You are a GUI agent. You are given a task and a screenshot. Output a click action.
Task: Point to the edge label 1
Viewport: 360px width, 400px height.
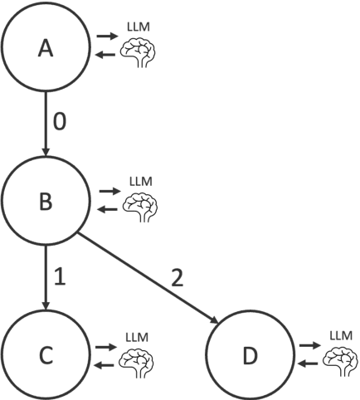coord(59,276)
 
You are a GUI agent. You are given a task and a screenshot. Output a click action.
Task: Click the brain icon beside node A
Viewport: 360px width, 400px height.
coord(138,54)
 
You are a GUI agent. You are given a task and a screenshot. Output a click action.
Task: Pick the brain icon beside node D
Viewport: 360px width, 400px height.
coord(340,359)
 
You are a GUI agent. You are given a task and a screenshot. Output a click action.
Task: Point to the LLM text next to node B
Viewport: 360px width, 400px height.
coord(141,181)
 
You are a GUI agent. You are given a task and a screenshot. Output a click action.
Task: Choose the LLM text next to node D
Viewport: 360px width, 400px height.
coord(340,334)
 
